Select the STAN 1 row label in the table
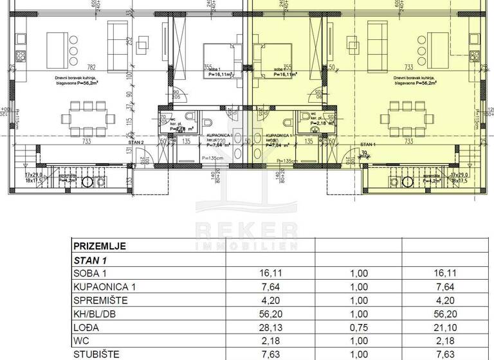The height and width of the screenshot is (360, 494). [91, 260]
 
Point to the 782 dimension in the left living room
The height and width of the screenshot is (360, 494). [91, 66]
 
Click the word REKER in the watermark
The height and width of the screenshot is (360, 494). [246, 230]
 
